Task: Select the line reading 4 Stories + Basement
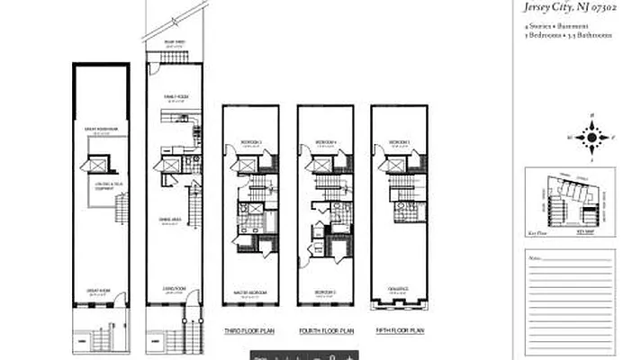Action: tap(552, 27)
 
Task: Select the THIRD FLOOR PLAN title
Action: tap(248, 330)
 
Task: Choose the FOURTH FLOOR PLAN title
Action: tap(324, 330)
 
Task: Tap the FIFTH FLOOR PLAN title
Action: tap(399, 330)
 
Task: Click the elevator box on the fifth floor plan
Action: tap(390, 164)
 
